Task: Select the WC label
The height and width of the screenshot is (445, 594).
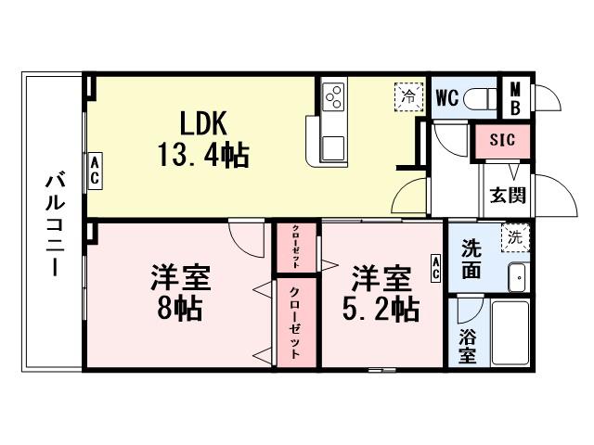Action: click(x=445, y=97)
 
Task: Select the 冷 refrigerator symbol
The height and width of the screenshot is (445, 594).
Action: click(x=407, y=95)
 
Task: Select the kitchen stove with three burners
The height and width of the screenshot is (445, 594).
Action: click(x=333, y=95)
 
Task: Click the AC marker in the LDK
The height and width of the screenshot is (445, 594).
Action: click(x=95, y=171)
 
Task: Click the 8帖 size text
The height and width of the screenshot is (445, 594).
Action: click(x=179, y=308)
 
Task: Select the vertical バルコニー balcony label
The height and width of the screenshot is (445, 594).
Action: click(x=53, y=222)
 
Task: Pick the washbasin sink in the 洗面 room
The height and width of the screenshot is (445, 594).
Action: click(x=517, y=276)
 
